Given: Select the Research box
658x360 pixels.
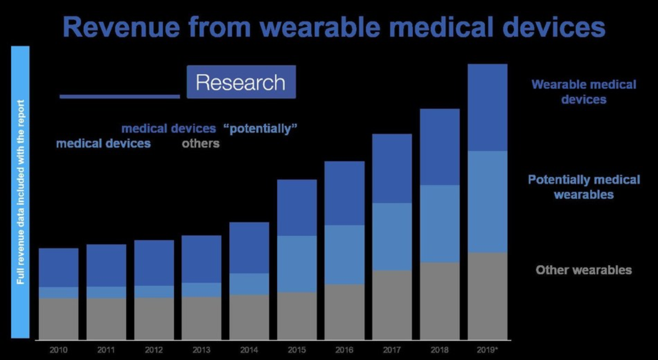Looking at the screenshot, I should tap(241, 82).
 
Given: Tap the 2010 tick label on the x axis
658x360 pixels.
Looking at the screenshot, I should tap(58, 349).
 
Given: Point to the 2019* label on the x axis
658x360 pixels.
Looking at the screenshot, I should tap(487, 349).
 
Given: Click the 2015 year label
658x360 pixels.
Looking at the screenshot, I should tap(297, 349).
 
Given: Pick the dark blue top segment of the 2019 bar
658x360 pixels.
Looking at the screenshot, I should tap(487, 107).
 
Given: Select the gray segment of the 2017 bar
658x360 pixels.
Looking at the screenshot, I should tap(392, 305).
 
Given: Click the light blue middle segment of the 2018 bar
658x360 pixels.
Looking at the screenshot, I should tap(440, 223).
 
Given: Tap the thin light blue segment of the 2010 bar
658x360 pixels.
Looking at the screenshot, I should tap(59, 293).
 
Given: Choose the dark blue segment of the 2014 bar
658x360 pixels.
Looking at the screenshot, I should tap(249, 248).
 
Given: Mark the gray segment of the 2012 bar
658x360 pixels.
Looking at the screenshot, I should tap(154, 318).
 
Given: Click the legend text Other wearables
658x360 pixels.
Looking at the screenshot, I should tap(583, 270).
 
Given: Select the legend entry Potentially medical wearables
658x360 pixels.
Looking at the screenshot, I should tap(583, 187).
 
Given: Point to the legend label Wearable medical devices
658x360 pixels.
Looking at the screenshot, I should tap(583, 92).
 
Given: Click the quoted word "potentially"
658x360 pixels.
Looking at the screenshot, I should tap(260, 129).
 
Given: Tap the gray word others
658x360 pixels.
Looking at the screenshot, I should tap(201, 144).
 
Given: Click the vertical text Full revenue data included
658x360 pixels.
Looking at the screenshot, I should tap(20, 192).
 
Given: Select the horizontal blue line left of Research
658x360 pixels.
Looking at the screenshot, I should tap(120, 96).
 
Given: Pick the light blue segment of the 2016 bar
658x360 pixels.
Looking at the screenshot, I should tap(344, 254).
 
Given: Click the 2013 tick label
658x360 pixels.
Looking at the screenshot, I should tap(201, 349).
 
